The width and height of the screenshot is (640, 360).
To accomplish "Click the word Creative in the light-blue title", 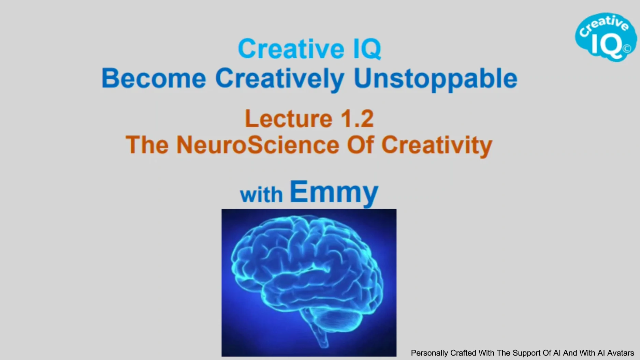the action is coord(291,49).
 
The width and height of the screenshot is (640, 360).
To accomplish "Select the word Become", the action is coord(154,78).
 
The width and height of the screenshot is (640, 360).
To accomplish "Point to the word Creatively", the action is coord(280,79).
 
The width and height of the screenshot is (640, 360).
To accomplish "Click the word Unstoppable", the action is coord(436,79).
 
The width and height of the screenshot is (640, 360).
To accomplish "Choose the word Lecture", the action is coord(289,119).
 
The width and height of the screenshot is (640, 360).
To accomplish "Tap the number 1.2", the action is coord(357,119).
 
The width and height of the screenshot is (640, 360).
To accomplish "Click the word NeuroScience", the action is coord(258,145).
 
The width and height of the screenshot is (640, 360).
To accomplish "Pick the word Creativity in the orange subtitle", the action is coord(437,146).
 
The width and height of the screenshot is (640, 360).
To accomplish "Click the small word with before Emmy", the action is coord(261,195).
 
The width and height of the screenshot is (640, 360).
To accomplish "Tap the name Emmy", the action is coord(334,192).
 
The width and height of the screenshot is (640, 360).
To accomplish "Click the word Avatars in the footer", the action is coord(621,353).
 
